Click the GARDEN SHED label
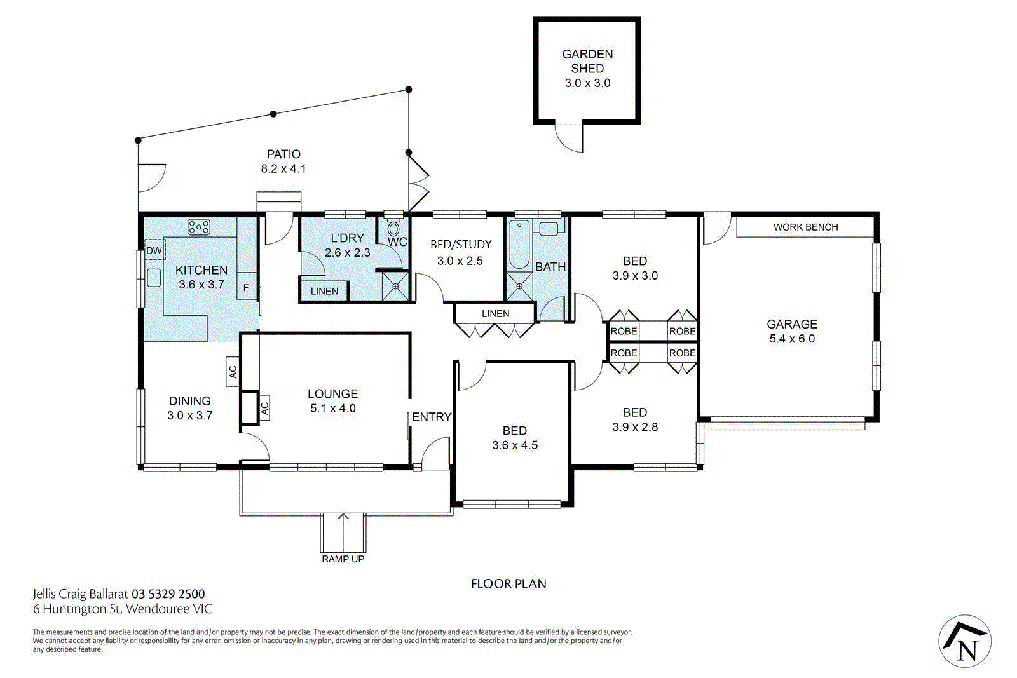tap(587, 61)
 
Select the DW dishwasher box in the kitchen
tap(154, 250)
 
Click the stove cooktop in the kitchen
tap(199, 227)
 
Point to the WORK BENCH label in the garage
tap(805, 227)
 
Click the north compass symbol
tap(965, 641)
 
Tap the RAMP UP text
tap(343, 559)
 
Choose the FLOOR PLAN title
tap(508, 583)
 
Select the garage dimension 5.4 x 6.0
tap(792, 339)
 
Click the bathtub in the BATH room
tap(519, 245)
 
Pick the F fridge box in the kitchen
tap(247, 286)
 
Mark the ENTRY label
tap(432, 417)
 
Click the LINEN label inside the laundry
tap(324, 291)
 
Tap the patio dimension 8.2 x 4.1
tap(283, 169)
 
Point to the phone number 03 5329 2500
tap(168, 593)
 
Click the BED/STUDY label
tap(461, 245)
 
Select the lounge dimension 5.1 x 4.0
tap(333, 408)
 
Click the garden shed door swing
tap(569, 138)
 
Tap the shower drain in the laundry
tap(395, 287)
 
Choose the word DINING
tap(190, 401)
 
